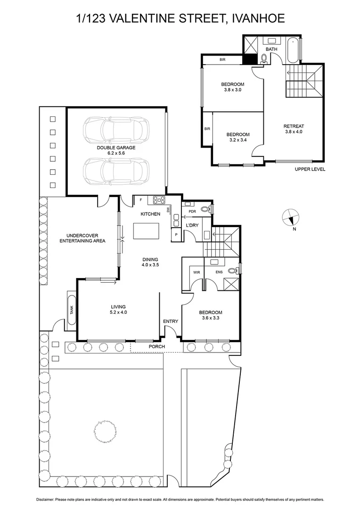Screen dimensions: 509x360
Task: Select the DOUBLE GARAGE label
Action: point(116,148)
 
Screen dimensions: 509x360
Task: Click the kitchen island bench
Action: point(146,231)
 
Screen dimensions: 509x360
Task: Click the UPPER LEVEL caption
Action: point(310,169)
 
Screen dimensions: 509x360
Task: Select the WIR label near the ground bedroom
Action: point(197,271)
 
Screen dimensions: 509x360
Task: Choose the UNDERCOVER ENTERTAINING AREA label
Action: point(82,238)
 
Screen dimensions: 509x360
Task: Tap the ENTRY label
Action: point(171,321)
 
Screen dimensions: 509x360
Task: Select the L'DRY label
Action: point(192,225)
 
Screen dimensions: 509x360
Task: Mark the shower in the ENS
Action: point(231,284)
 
